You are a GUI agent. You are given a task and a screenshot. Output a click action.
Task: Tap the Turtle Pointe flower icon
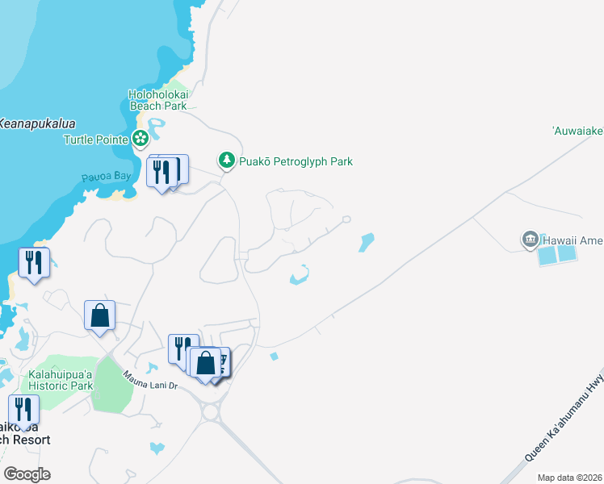tap(141, 139)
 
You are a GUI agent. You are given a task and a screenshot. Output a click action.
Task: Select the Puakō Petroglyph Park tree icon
tap(227, 161)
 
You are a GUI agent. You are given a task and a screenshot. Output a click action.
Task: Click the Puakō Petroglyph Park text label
tap(296, 161)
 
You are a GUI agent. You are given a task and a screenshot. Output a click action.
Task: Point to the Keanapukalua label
tap(37, 123)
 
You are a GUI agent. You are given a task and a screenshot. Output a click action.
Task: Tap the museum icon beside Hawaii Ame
tap(531, 240)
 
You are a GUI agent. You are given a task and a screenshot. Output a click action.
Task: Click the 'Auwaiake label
tap(577, 129)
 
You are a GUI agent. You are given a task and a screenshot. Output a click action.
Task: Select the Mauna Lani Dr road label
tap(149, 380)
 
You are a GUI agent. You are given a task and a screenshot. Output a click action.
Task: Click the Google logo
tap(27, 474)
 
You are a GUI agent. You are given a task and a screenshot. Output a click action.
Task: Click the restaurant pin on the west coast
tap(33, 263)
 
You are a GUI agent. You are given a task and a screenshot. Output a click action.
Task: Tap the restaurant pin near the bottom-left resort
tap(23, 410)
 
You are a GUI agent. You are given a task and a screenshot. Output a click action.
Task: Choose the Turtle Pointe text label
tap(96, 139)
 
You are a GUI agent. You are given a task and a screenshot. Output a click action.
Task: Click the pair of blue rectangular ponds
tap(557, 255)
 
